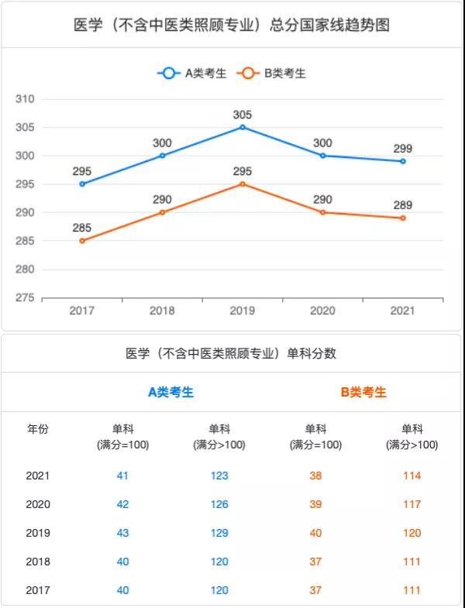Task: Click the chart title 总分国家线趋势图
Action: click(232, 25)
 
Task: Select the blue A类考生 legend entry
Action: click(193, 74)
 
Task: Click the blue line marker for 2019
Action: click(243, 127)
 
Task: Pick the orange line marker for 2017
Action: click(82, 241)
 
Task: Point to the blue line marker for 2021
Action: click(403, 161)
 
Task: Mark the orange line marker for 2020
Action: click(322, 212)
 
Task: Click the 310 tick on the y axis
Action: click(26, 99)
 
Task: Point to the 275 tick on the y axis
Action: click(26, 298)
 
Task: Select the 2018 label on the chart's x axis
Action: click(162, 311)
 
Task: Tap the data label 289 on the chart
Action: click(403, 205)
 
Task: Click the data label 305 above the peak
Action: click(243, 115)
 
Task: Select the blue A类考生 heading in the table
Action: click(170, 392)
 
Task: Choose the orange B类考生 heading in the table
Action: click(363, 392)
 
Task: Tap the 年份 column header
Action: click(38, 430)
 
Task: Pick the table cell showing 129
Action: click(219, 533)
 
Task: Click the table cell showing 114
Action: click(412, 476)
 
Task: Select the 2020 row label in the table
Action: click(38, 504)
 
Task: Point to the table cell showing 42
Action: click(122, 504)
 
